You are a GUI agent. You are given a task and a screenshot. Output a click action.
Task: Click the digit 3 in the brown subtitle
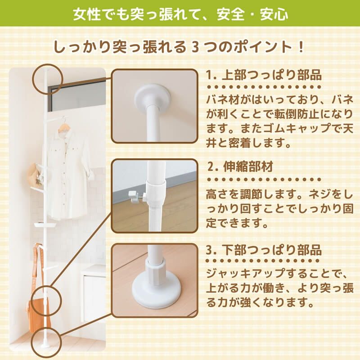click(194, 47)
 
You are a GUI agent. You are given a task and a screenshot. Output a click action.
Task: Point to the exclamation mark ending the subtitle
click(301, 47)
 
